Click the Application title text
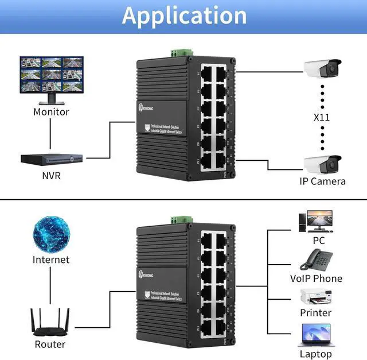point(183,16)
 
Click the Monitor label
point(51,112)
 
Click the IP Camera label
point(323,181)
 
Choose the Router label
point(50,344)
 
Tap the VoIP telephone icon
point(315,259)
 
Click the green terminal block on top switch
point(177,53)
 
